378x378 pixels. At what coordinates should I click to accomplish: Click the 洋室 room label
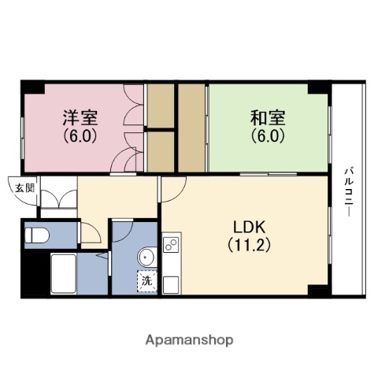[x=80, y=118]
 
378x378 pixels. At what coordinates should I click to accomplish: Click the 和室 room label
[x=268, y=118]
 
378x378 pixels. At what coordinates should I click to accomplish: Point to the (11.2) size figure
[x=250, y=244]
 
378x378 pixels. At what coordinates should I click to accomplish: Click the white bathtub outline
[x=63, y=273]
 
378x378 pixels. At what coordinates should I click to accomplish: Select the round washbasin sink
[x=145, y=257]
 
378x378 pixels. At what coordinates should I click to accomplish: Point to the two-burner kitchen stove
[x=171, y=244]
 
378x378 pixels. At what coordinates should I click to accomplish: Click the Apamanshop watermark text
[x=188, y=340]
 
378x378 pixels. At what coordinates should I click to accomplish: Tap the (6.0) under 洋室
[x=80, y=135]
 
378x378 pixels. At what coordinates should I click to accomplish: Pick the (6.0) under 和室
[x=268, y=135]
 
